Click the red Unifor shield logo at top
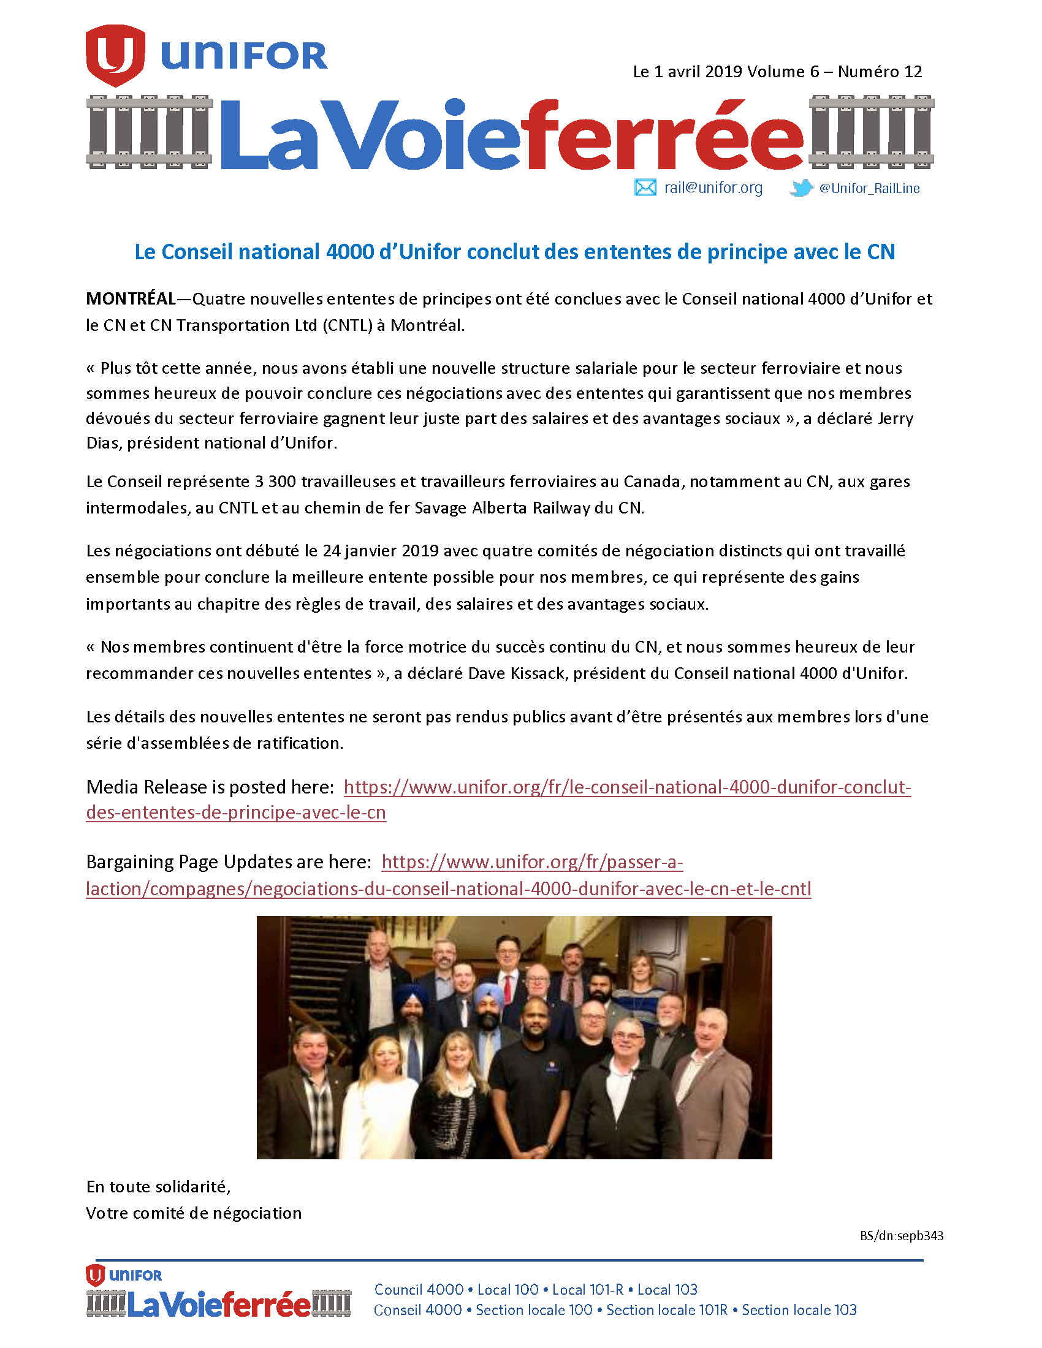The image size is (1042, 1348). click(x=115, y=55)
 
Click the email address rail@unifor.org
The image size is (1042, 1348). click(x=713, y=187)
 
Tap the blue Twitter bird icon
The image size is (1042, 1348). click(x=801, y=187)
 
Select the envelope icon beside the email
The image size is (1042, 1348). click(x=645, y=187)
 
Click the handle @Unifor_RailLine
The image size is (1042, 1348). click(x=869, y=188)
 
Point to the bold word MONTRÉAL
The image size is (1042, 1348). click(x=131, y=300)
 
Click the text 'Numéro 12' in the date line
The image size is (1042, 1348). click(x=880, y=72)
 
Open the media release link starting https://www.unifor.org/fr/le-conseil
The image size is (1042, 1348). click(x=626, y=787)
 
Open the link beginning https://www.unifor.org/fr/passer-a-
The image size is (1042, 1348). click(x=532, y=862)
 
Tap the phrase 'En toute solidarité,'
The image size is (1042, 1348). click(x=159, y=1187)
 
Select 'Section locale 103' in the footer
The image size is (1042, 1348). click(x=799, y=1310)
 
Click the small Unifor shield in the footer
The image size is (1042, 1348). click(x=95, y=1275)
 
